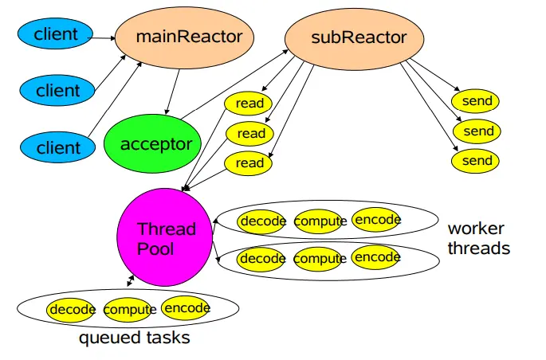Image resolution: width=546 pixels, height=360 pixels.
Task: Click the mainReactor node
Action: pos(184,37)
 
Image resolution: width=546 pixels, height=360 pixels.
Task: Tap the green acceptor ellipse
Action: pos(155,144)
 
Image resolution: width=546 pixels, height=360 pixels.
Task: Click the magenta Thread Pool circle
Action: pos(166,239)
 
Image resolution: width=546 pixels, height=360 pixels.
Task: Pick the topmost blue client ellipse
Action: pos(57,34)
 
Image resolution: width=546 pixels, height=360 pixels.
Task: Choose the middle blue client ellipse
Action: pos(57,90)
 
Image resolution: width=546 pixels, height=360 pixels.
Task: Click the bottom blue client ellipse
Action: pos(57,147)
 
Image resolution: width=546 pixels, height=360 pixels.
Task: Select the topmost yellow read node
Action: pos(249,103)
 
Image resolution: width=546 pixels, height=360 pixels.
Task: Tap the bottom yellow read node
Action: pos(249,163)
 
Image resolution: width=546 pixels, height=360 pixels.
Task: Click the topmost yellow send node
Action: pos(477,101)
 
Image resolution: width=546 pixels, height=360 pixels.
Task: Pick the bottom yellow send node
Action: pos(477,161)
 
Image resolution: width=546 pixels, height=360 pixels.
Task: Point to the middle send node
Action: pos(478,131)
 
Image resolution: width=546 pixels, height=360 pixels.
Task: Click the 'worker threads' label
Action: pos(478,238)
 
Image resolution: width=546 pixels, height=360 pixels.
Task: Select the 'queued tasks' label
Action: pos(134,338)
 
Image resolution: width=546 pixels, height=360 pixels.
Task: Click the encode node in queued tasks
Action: pos(186,308)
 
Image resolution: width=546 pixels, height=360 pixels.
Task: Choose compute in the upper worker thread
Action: pos(320,221)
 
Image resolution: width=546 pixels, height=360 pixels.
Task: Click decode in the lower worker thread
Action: pos(262,258)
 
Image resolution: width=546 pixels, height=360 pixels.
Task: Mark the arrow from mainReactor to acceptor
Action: pos(173,92)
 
